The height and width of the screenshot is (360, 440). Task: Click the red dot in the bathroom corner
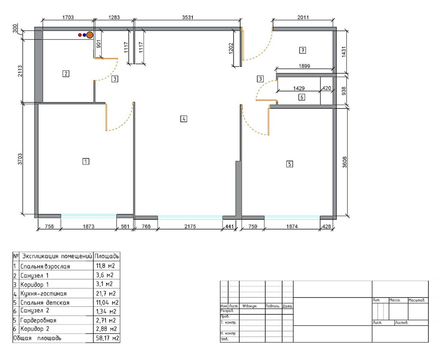80,35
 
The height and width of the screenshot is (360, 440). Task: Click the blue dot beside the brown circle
84,35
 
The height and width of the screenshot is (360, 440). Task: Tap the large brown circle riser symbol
90,35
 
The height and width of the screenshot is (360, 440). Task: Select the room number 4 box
184,119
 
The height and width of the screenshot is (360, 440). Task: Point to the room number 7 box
302,50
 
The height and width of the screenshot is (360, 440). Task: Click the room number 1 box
86,161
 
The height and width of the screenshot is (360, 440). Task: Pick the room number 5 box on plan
289,164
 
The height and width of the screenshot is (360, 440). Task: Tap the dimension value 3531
188,17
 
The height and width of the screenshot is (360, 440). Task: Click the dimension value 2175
190,226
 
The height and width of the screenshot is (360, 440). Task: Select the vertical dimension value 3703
20,159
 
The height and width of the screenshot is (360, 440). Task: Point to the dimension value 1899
305,66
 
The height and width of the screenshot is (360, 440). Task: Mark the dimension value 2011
303,17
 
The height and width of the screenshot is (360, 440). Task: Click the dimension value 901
99,44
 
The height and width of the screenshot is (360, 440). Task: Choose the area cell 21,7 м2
106,294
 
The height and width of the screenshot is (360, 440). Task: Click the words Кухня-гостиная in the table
43,294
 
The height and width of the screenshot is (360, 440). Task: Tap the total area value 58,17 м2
107,338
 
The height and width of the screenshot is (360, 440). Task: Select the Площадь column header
107,256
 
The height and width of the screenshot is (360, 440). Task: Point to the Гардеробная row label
38,320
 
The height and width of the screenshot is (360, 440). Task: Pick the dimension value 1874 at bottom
292,226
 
